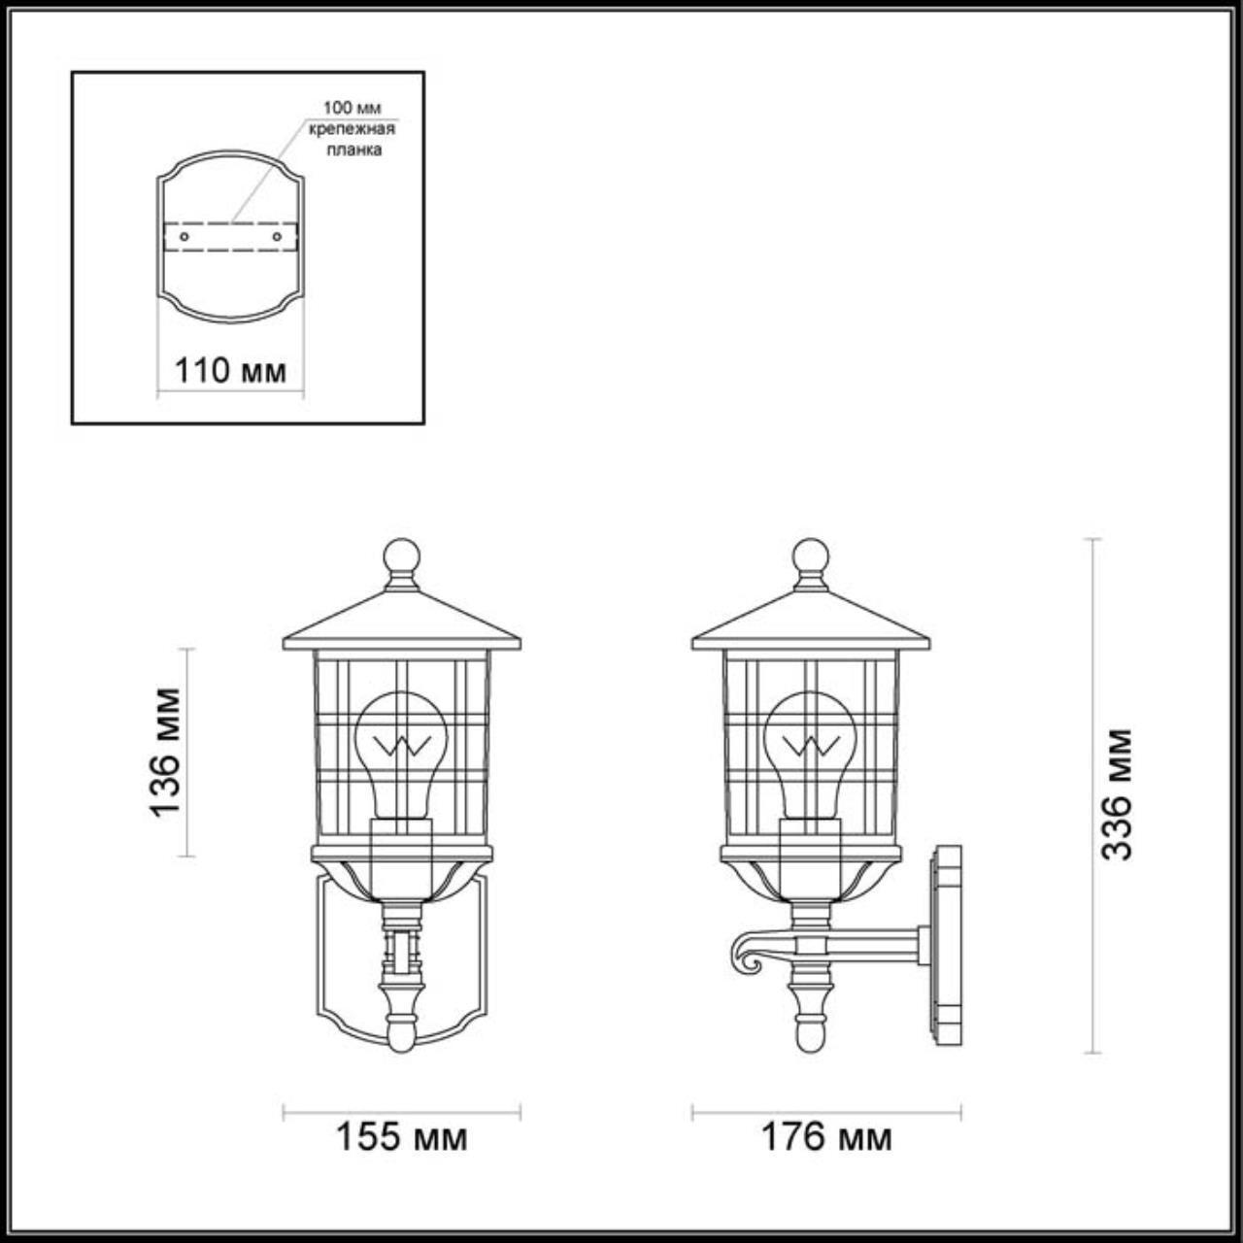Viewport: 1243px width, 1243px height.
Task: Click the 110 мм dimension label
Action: tap(230, 370)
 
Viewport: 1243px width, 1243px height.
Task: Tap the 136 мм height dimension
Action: tap(166, 752)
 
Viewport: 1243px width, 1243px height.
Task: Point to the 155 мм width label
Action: tap(401, 1136)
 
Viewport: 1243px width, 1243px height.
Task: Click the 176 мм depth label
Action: tap(825, 1136)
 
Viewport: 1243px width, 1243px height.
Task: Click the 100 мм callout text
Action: tap(352, 107)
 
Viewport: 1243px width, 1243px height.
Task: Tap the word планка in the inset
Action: tap(353, 150)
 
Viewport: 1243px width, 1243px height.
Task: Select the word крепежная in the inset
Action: tap(352, 128)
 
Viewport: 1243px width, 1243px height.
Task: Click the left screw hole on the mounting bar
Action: tap(184, 236)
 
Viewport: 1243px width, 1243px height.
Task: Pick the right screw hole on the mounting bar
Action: tap(278, 236)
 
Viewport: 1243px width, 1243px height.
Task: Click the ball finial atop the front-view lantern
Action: tap(401, 557)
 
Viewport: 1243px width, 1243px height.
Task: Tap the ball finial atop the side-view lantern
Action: tap(811, 557)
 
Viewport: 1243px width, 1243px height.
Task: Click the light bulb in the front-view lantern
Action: tap(401, 748)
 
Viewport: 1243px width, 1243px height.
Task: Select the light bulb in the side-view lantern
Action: tap(811, 748)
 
